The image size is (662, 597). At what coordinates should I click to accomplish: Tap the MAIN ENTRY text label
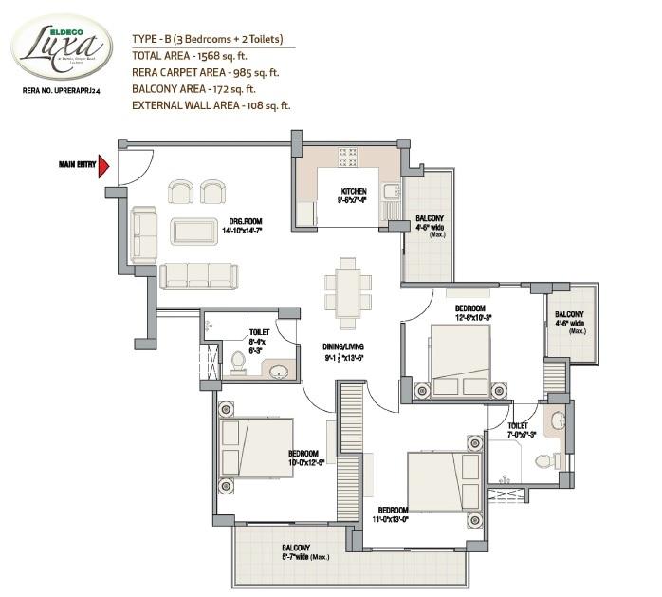pos(77,166)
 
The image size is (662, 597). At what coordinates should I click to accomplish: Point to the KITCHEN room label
pos(353,191)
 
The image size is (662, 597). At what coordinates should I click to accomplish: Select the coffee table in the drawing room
pos(193,231)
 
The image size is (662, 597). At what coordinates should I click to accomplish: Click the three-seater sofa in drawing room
pos(197,275)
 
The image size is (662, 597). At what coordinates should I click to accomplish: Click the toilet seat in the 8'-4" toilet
pos(238,362)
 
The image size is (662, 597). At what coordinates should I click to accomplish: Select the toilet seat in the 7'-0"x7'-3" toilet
pos(544,461)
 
